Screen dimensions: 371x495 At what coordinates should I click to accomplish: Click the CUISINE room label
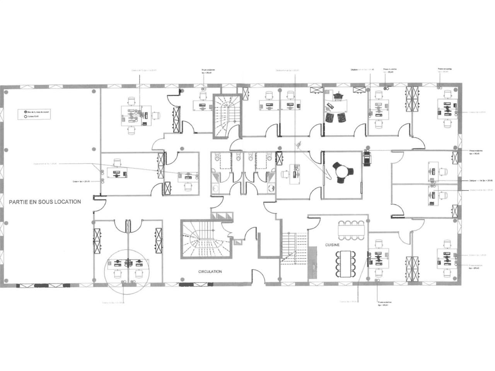(x=332, y=245)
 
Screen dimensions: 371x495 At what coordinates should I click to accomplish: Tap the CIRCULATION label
(x=210, y=272)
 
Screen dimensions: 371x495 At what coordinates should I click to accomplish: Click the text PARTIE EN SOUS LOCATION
(x=45, y=202)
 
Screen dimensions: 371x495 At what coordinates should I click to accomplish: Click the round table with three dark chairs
(x=341, y=171)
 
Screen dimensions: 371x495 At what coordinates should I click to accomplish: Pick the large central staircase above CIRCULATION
(x=205, y=240)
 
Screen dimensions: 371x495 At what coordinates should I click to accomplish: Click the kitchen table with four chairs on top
(x=351, y=231)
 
